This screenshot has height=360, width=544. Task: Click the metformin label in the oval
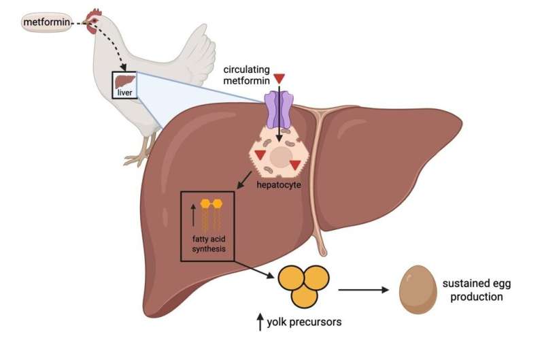click(x=46, y=22)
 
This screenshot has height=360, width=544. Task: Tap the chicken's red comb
click(x=94, y=14)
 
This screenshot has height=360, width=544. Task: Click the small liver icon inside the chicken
click(x=125, y=82)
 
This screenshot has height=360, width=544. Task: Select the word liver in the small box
click(x=124, y=93)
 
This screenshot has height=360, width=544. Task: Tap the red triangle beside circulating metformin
click(x=279, y=78)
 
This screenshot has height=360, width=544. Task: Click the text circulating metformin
click(x=246, y=75)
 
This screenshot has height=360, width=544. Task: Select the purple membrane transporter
click(x=279, y=109)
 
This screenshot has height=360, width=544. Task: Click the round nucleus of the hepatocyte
click(x=281, y=157)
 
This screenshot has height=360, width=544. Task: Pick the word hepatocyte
click(x=279, y=184)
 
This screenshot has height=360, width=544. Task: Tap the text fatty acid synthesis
click(x=209, y=244)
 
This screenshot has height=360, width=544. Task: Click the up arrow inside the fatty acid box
click(x=193, y=215)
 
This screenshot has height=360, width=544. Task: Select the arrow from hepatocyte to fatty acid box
click(x=244, y=180)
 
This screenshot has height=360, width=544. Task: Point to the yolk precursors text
click(x=304, y=322)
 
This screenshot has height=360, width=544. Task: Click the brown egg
click(x=418, y=290)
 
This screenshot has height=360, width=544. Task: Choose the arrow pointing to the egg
click(x=364, y=289)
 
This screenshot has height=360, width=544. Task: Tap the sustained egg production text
click(x=477, y=290)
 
